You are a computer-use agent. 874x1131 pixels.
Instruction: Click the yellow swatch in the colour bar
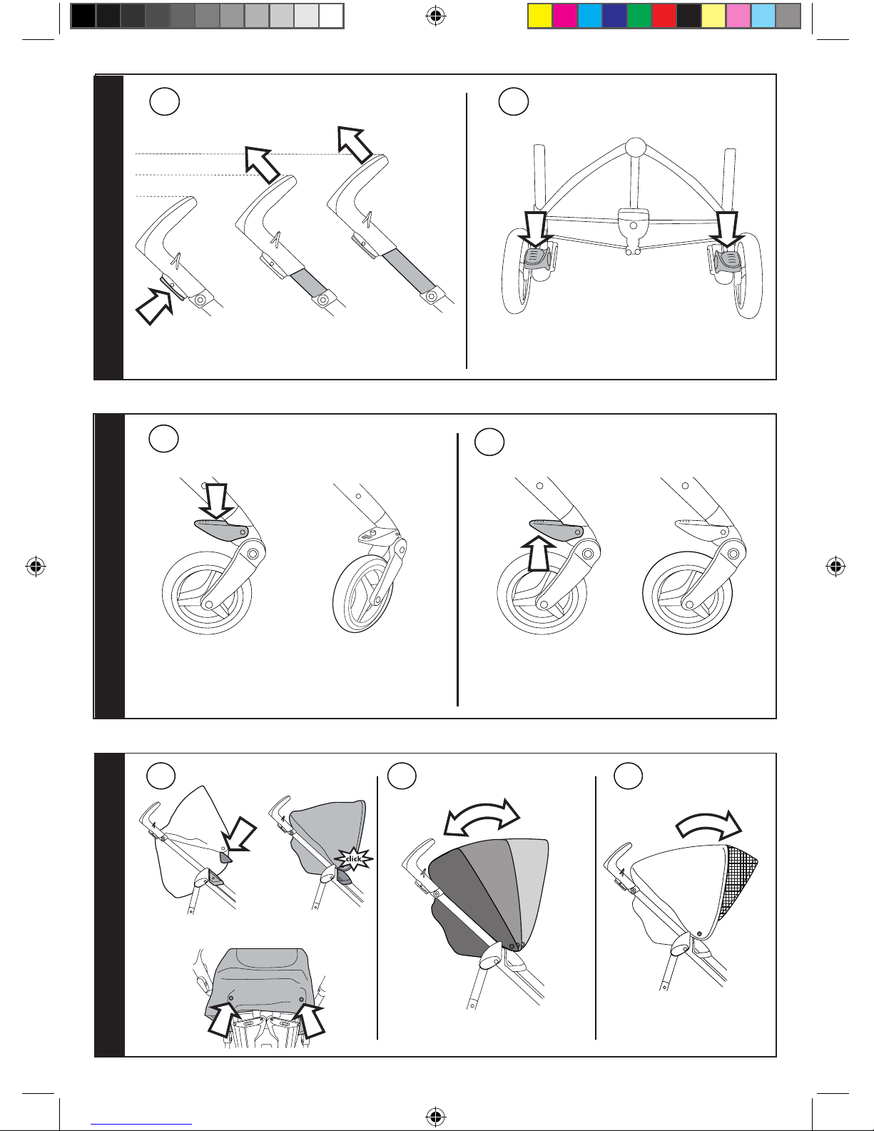click(x=540, y=16)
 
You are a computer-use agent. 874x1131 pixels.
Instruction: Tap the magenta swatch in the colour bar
click(x=565, y=16)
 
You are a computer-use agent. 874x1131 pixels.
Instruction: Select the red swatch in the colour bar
click(x=664, y=16)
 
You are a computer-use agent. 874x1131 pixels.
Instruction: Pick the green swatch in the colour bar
click(x=639, y=16)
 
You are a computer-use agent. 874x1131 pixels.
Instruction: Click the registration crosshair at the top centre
click(x=436, y=16)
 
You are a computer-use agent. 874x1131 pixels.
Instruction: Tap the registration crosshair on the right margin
click(x=835, y=566)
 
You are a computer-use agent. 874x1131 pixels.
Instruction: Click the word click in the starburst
click(x=354, y=859)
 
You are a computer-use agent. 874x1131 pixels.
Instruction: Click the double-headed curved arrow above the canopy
click(x=481, y=815)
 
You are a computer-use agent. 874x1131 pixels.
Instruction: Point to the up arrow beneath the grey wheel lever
click(x=539, y=554)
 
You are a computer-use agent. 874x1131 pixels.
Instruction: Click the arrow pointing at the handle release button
click(x=154, y=306)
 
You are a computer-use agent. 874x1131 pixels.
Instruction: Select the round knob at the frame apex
click(x=635, y=147)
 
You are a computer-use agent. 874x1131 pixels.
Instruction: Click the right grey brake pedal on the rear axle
click(x=726, y=260)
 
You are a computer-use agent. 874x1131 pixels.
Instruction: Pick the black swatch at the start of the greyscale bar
click(x=83, y=16)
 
